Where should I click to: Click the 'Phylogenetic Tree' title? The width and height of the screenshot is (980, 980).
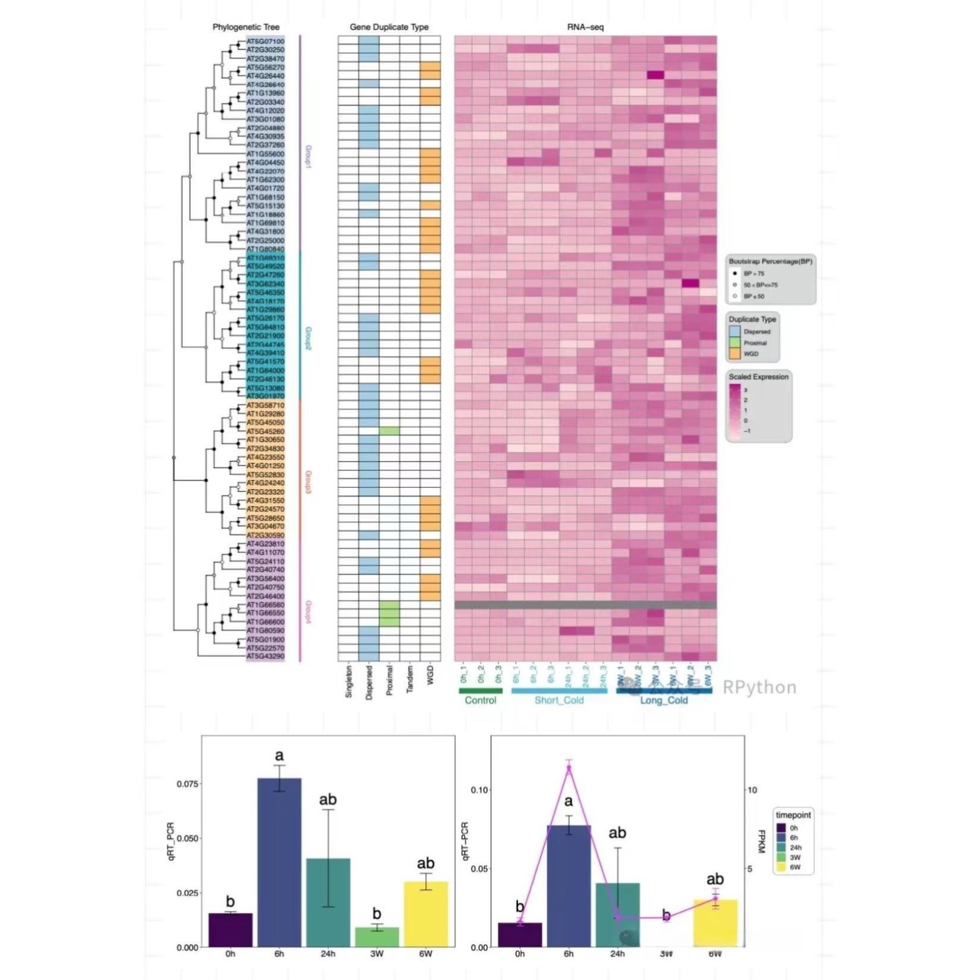click(245, 27)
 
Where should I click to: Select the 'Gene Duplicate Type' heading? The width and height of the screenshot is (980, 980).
click(389, 27)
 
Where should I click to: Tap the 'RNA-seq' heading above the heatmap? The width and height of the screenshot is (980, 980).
click(585, 27)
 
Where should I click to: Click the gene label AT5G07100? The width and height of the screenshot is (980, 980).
click(266, 42)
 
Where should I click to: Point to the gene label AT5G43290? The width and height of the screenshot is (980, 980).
click(266, 657)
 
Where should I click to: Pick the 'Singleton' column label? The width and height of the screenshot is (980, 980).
click(349, 682)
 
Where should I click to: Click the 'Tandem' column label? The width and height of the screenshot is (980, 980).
click(410, 679)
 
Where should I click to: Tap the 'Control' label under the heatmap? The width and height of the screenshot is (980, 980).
click(480, 701)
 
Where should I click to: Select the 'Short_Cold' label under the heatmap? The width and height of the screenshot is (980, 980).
click(558, 701)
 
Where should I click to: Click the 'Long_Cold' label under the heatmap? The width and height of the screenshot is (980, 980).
click(663, 701)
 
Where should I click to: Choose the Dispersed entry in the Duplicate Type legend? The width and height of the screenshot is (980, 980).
click(756, 332)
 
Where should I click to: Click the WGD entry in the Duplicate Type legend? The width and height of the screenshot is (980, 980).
click(751, 354)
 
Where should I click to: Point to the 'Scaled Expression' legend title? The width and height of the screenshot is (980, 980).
click(758, 377)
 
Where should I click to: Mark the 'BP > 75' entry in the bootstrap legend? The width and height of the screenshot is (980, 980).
click(753, 274)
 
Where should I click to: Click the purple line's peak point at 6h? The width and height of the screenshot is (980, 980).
click(569, 768)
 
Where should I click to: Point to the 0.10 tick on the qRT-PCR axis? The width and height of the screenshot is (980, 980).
click(479, 790)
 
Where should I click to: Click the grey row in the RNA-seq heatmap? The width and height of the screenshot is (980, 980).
click(585, 605)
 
